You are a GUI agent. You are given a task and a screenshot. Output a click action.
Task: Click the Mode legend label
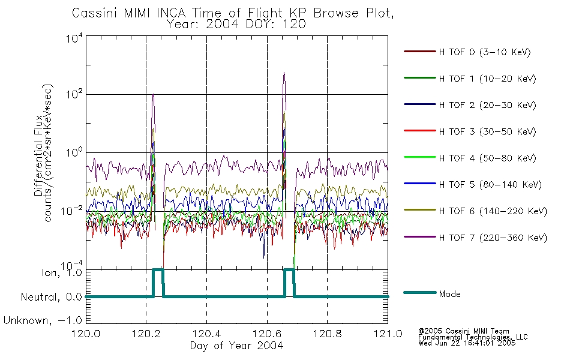pyautogui.click(x=449, y=294)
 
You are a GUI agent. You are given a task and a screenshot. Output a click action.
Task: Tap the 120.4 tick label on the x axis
pyautogui.click(x=207, y=334)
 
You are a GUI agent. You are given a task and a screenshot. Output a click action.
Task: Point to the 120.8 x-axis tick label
pyautogui.click(x=327, y=334)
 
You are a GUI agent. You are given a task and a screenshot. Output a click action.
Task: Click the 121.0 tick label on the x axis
pyautogui.click(x=388, y=334)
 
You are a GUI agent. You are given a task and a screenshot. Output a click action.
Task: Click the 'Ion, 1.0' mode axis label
pyautogui.click(x=61, y=272)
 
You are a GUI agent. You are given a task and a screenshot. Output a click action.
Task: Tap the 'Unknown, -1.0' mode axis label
pyautogui.click(x=43, y=320)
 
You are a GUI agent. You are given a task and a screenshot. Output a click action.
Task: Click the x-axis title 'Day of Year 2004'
pyautogui.click(x=236, y=346)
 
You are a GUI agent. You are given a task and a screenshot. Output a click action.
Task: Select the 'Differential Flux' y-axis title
pyautogui.click(x=38, y=155)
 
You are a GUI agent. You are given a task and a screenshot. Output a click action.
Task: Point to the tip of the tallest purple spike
pyautogui.click(x=284, y=73)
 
